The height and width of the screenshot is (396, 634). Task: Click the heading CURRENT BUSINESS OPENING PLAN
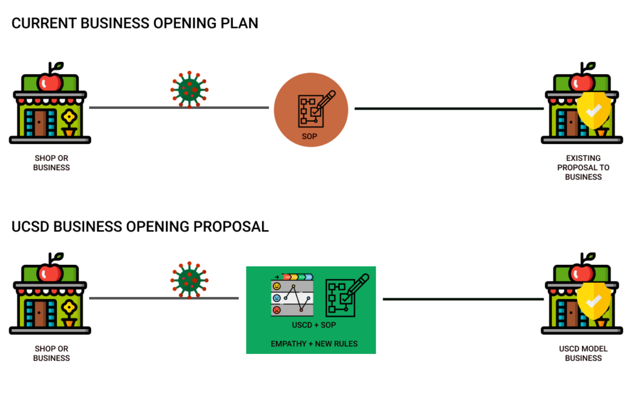pyautogui.click(x=135, y=24)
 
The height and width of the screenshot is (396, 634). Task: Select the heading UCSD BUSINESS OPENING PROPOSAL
pyautogui.click(x=140, y=226)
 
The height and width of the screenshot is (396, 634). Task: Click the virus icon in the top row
pyautogui.click(x=188, y=90)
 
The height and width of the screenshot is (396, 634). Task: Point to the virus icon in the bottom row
pyautogui.click(x=188, y=280)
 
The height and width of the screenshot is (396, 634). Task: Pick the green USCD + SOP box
pyautogui.click(x=311, y=309)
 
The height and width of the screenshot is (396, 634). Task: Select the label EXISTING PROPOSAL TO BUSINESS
pyautogui.click(x=583, y=168)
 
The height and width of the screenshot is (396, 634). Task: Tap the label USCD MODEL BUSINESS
pyautogui.click(x=583, y=353)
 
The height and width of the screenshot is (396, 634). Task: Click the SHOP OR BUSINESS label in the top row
pyautogui.click(x=51, y=163)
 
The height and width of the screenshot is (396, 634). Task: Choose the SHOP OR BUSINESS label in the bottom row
pyautogui.click(x=51, y=353)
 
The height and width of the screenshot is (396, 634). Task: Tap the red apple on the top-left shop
pyautogui.click(x=50, y=81)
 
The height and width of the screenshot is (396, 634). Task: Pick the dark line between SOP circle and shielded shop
pyautogui.click(x=449, y=109)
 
